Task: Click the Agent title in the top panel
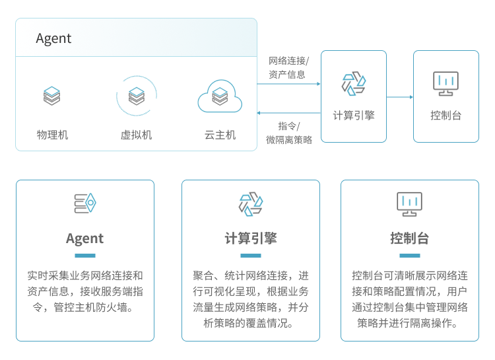[53, 38]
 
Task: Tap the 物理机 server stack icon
[51, 96]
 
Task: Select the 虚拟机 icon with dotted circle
[137, 96]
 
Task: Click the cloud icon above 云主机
[220, 97]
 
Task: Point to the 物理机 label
[52, 135]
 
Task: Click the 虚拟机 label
[136, 135]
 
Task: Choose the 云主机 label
[220, 135]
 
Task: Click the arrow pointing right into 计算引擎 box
[288, 84]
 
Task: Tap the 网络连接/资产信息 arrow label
[288, 67]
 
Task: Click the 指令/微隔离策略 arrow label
[288, 132]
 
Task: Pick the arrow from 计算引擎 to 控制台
[399, 97]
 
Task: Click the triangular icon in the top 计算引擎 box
[353, 84]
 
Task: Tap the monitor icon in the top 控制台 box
[445, 83]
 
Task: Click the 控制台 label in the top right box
[445, 115]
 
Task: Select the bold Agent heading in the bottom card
[84, 238]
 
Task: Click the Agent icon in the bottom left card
[85, 203]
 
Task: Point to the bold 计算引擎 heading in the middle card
[250, 238]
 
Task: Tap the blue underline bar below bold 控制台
[409, 256]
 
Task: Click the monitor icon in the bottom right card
[409, 203]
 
